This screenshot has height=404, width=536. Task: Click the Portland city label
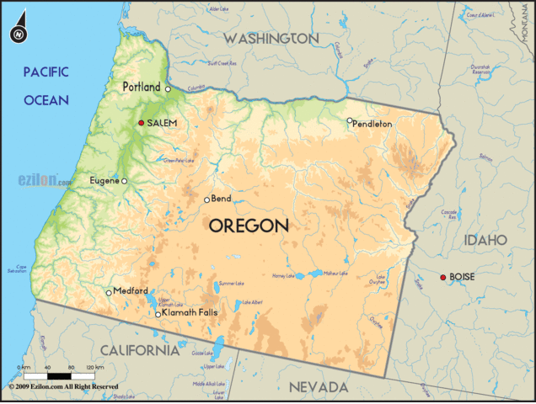(141, 87)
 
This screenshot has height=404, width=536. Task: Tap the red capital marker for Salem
(142, 123)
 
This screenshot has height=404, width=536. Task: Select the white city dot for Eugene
(125, 181)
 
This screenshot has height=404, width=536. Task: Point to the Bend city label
(222, 199)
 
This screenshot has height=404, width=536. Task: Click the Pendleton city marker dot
(350, 120)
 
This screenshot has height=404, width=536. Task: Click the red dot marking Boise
(443, 277)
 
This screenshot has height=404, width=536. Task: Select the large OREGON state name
(249, 226)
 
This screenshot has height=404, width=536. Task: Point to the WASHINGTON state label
(271, 39)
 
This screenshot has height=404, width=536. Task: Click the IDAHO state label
(485, 240)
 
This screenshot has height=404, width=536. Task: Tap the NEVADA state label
(319, 387)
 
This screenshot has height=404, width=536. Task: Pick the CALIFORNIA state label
(140, 349)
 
